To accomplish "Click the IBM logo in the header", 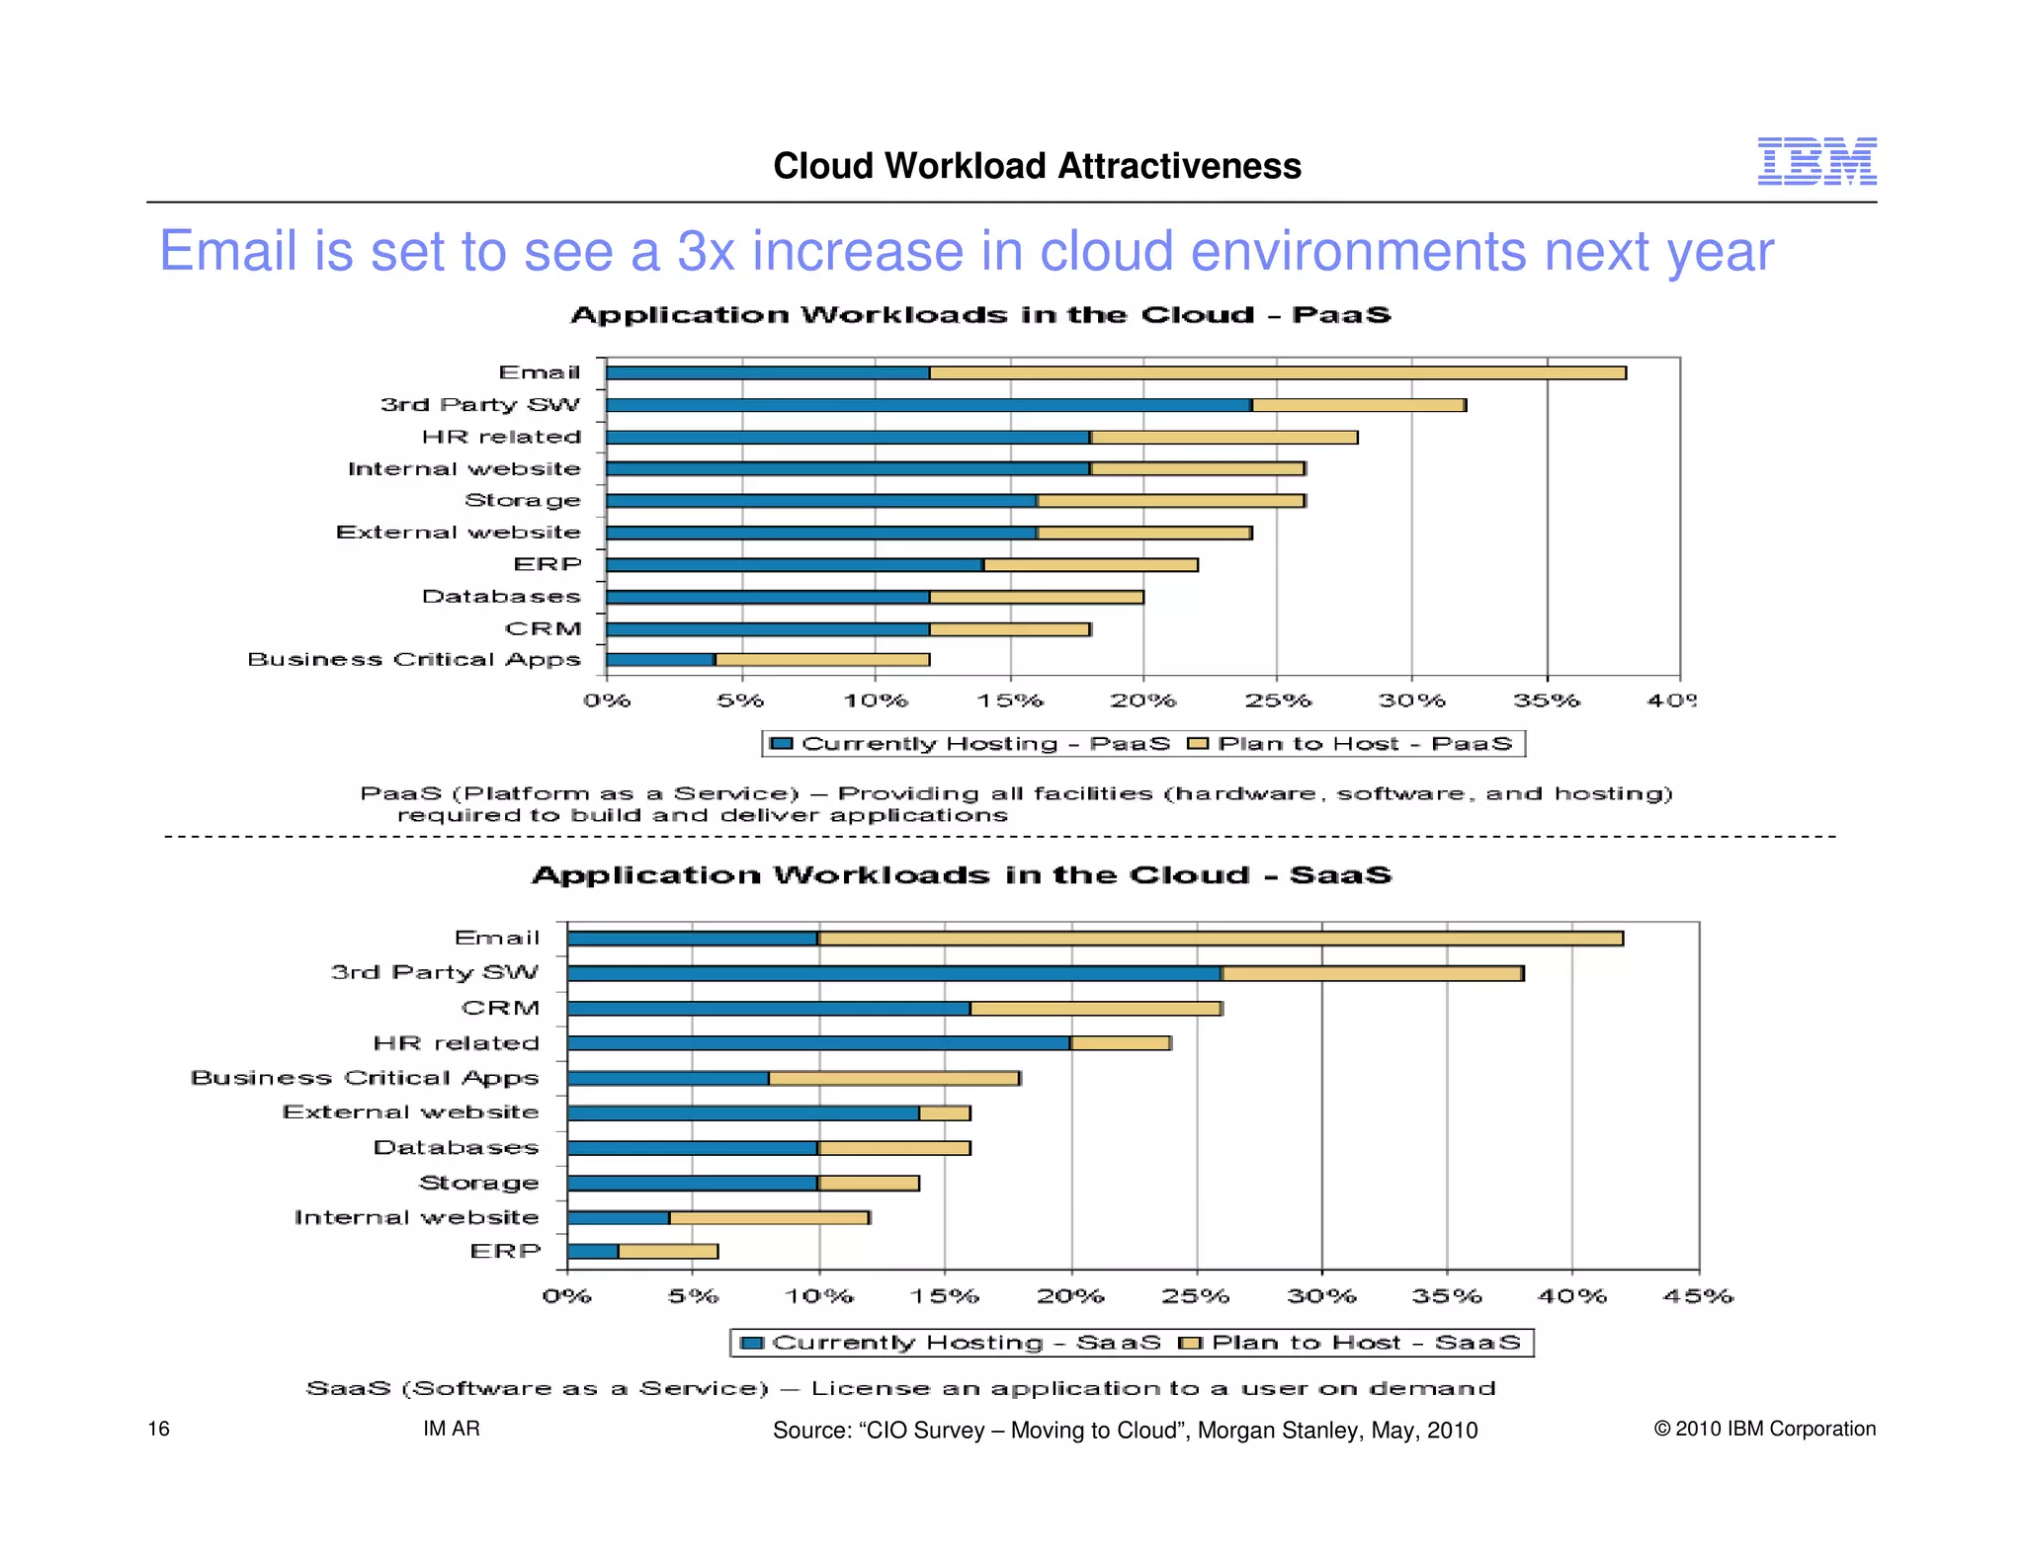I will (x=1815, y=161).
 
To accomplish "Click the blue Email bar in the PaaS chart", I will (x=767, y=372).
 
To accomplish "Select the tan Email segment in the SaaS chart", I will (x=1220, y=938).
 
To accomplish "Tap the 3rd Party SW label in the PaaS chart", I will (x=480, y=404).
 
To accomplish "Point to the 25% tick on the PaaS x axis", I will (x=1277, y=700).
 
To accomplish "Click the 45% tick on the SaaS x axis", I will (x=1697, y=1296).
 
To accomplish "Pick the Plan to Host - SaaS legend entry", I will (x=1351, y=1343).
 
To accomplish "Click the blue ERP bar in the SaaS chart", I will (x=593, y=1252).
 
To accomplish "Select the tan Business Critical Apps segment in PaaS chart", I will (x=822, y=659).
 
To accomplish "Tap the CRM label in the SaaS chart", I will (x=500, y=1008).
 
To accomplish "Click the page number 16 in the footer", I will (x=158, y=1429).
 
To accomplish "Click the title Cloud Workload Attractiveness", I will (x=1036, y=166).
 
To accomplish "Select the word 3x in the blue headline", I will (x=706, y=251).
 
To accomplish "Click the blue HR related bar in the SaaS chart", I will (x=818, y=1043).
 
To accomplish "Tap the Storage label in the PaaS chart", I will (x=522, y=500).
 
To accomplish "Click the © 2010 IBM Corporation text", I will (x=1764, y=1429).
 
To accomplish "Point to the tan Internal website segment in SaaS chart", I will (x=769, y=1217).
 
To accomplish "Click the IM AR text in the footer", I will (x=451, y=1429).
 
